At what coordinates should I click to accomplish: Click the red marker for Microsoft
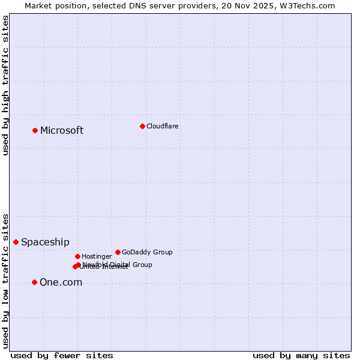(35, 130)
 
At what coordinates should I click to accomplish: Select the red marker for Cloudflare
(142, 126)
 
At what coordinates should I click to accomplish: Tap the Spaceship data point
(16, 242)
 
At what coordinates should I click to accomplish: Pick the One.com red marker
(34, 282)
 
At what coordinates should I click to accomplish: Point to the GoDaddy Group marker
(118, 252)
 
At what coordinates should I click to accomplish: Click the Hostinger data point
(77, 256)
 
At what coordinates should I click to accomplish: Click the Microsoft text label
(62, 131)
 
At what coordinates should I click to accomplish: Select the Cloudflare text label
(163, 126)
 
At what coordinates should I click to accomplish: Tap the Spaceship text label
(45, 242)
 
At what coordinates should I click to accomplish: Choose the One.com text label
(61, 283)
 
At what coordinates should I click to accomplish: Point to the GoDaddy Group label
(147, 252)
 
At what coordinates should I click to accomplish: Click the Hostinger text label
(97, 256)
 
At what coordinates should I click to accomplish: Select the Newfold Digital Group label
(118, 264)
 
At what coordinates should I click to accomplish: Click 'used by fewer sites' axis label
(62, 355)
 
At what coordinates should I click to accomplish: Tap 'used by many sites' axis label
(301, 355)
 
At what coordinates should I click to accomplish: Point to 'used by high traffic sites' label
(5, 85)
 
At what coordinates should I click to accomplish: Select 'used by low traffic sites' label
(5, 280)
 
